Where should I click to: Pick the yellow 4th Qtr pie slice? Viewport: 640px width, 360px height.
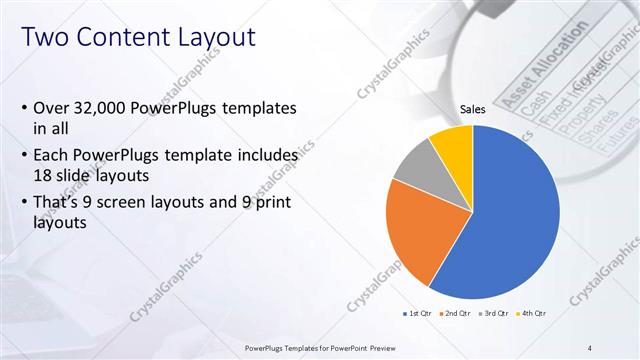453,143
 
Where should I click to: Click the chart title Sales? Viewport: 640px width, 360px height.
473,109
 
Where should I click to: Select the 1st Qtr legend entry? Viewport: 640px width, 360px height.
418,313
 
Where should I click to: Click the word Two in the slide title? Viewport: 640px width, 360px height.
47,38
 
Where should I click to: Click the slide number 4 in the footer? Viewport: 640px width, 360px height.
590,348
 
